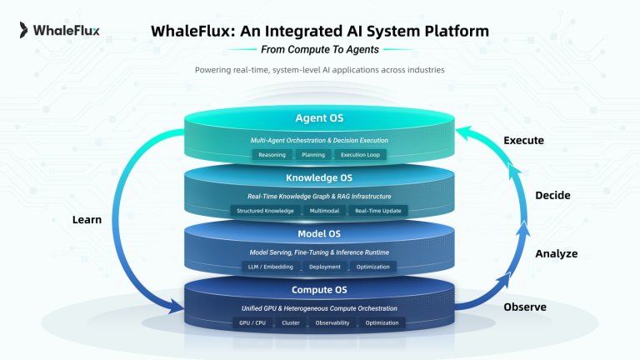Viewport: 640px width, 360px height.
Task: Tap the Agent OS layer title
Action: tap(319, 118)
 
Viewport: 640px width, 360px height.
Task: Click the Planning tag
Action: tap(313, 155)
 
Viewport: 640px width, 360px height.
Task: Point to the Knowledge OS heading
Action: tap(319, 178)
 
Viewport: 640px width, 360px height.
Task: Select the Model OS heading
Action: tap(319, 234)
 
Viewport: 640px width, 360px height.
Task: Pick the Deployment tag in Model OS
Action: tap(324, 267)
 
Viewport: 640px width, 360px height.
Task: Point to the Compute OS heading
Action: tap(319, 290)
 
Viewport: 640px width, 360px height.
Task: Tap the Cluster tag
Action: tap(290, 322)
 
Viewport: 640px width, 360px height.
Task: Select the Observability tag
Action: tap(332, 322)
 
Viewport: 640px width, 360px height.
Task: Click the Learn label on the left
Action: tap(87, 220)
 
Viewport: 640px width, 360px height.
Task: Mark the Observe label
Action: tap(525, 307)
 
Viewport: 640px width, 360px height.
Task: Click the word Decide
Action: tap(552, 195)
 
